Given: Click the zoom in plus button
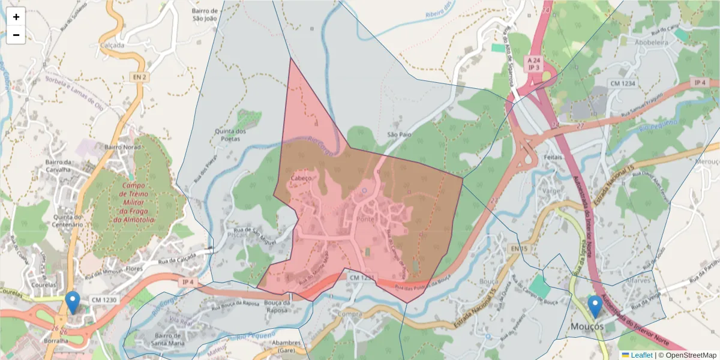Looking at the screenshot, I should [16, 17].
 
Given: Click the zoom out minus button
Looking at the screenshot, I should [16, 35].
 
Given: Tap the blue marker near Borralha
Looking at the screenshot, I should [73, 302].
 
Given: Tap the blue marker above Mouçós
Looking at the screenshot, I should [595, 307].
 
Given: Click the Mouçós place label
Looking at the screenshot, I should [587, 326].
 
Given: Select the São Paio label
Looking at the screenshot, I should [399, 135].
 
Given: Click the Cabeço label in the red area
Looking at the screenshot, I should [301, 178].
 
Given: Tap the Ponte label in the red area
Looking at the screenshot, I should [365, 219].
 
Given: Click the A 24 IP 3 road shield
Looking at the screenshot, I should [533, 65].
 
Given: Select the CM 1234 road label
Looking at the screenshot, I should [622, 83].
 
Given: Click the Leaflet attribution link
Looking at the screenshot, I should [641, 355].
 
